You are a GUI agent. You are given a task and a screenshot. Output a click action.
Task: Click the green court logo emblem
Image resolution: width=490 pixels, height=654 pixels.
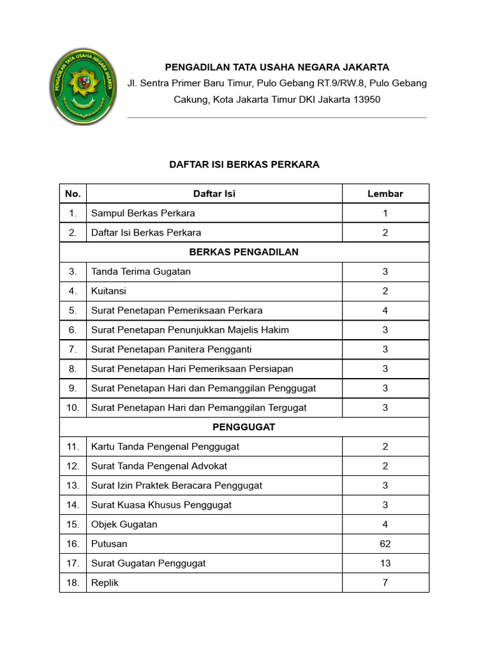tap(83, 87)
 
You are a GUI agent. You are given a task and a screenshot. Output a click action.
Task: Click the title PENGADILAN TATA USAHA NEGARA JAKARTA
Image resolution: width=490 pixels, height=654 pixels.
tap(277, 67)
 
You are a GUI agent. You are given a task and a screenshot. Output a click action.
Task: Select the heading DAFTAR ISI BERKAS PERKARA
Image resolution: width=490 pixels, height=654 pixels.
tap(244, 164)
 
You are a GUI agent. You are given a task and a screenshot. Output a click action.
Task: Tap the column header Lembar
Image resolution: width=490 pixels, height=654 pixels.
tap(385, 194)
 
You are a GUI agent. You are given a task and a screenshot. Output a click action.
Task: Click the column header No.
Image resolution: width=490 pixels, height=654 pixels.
tap(73, 194)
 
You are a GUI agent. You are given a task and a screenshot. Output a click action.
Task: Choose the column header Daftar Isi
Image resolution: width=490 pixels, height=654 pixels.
tap(214, 194)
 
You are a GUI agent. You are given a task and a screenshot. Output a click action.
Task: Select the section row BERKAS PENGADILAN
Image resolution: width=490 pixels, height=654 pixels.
tap(244, 252)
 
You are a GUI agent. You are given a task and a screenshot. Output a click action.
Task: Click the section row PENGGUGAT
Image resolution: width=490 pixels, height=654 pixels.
tap(244, 427)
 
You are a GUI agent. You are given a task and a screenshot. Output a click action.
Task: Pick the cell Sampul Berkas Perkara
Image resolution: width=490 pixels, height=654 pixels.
tap(143, 213)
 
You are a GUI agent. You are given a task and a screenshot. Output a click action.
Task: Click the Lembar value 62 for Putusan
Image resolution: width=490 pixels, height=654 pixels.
tap(385, 544)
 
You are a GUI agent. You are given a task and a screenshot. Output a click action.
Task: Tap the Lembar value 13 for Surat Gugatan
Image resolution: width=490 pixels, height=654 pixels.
tap(385, 563)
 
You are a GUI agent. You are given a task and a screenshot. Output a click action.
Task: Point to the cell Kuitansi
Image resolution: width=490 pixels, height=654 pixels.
tap(109, 291)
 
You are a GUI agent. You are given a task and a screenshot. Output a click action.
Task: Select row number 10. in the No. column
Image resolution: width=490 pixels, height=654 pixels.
tap(73, 407)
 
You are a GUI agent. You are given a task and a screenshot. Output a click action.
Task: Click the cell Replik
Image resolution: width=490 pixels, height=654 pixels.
tap(105, 582)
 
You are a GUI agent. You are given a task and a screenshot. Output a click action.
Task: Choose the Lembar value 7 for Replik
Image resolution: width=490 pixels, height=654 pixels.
tap(385, 582)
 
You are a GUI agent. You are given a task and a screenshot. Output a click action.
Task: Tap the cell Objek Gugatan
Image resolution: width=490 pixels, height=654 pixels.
tap(124, 524)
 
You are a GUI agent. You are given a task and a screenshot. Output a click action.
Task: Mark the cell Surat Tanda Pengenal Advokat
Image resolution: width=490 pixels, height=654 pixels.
tap(159, 466)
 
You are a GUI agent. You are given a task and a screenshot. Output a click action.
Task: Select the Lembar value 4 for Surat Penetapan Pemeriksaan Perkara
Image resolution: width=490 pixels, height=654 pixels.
tap(385, 310)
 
